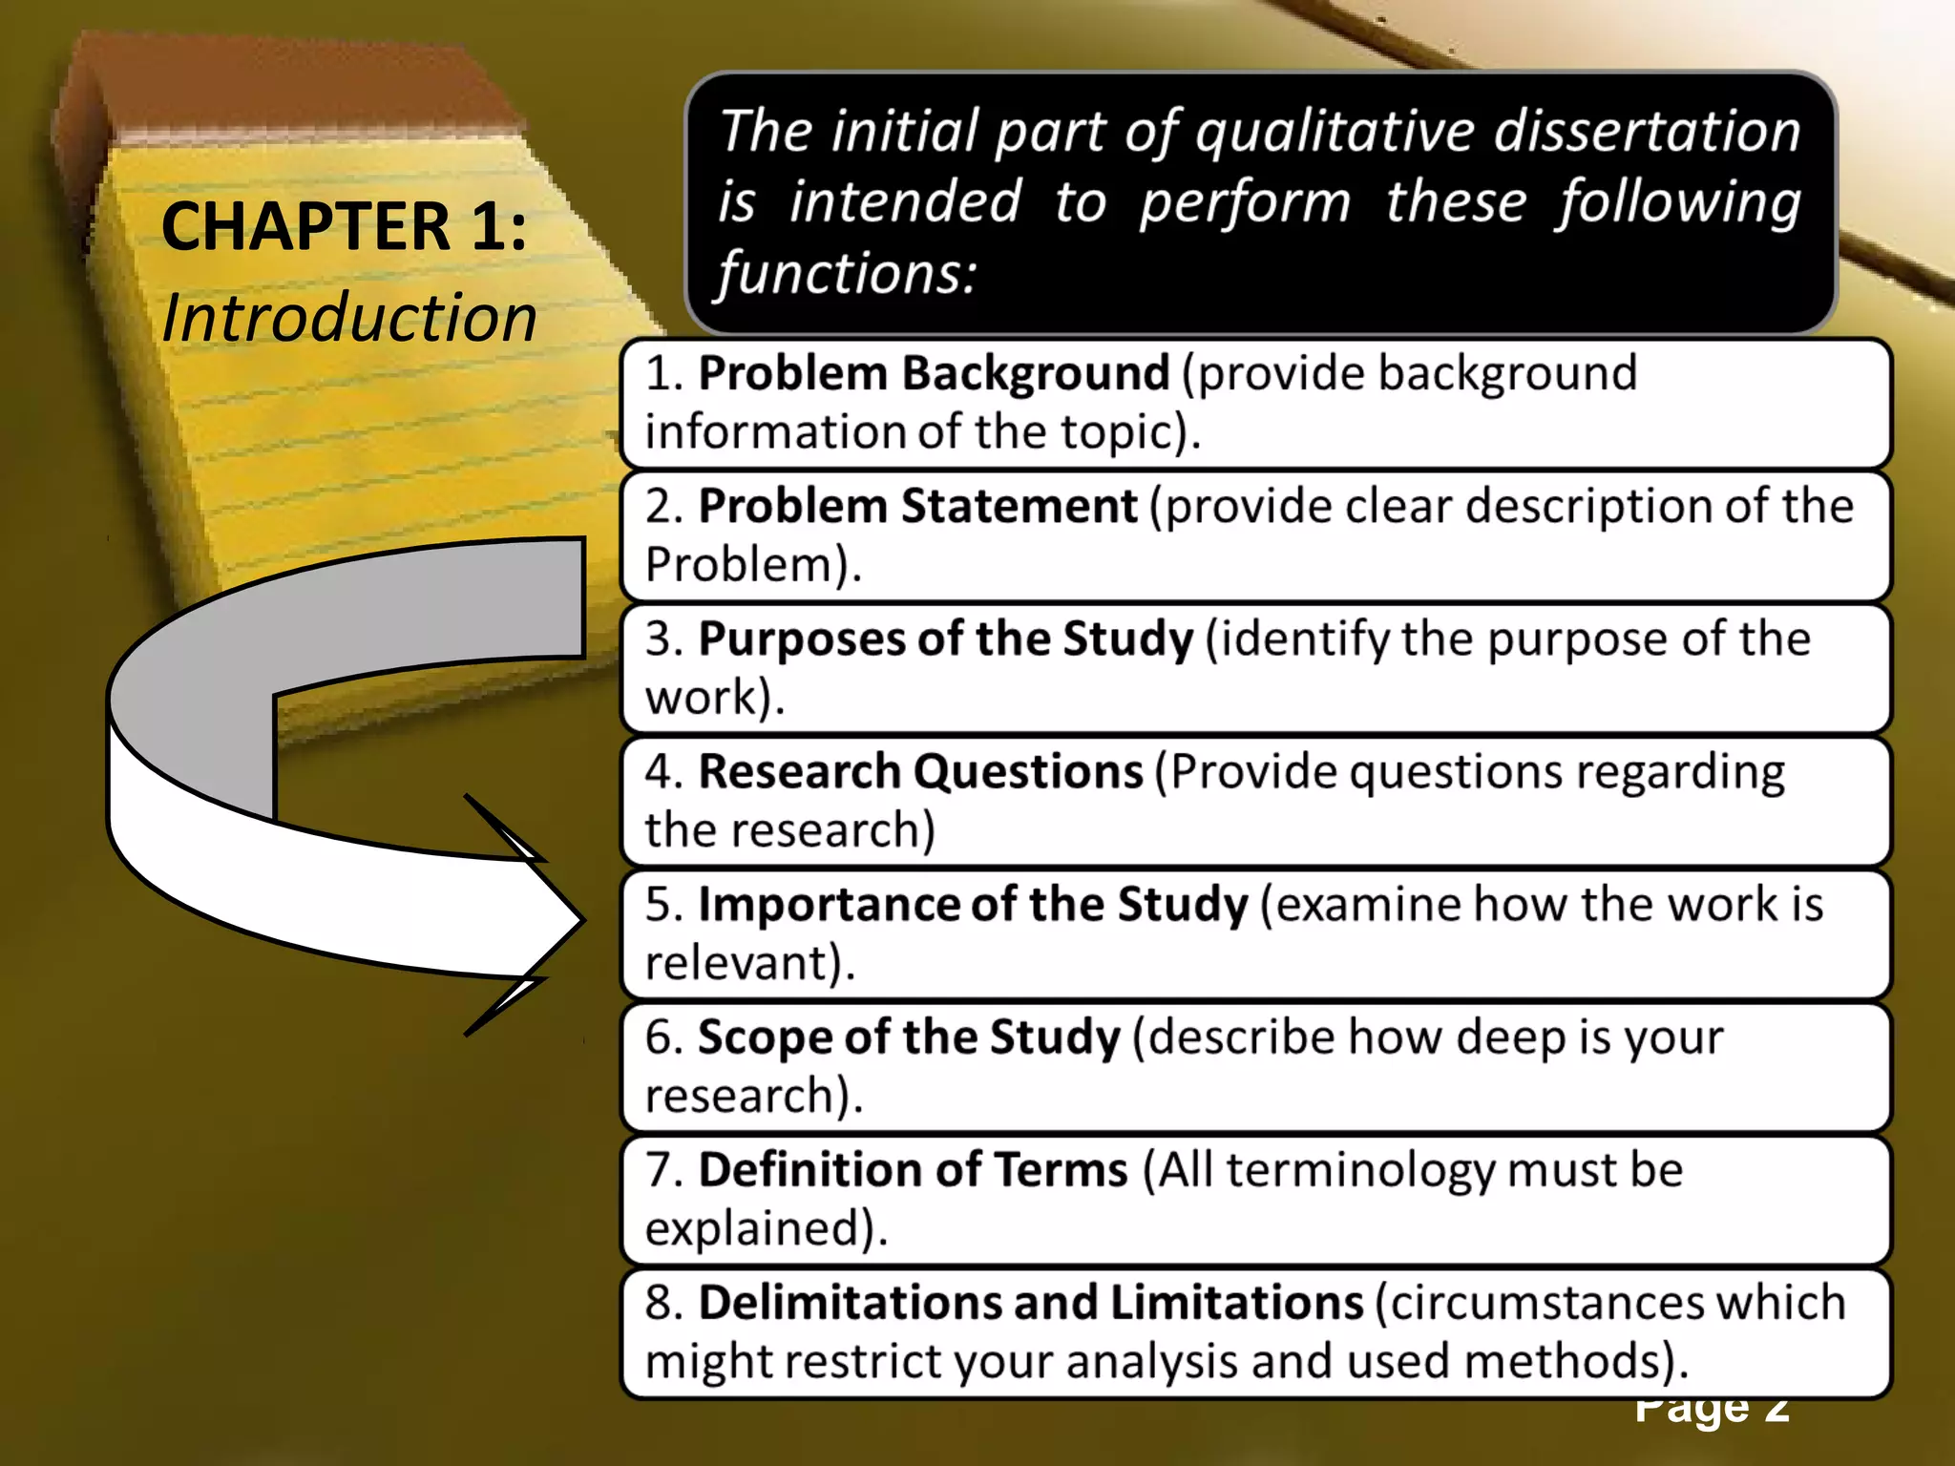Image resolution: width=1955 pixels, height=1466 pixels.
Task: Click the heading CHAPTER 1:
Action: pos(344,227)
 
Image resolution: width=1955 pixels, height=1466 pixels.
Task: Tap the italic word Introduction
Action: pos(349,318)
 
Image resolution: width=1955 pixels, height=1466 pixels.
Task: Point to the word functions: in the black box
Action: pos(848,274)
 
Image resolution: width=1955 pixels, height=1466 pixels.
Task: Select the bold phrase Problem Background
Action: pos(934,373)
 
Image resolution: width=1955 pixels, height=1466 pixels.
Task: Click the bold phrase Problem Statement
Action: pos(917,506)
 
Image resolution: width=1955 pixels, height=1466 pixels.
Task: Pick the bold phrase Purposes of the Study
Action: pos(945,639)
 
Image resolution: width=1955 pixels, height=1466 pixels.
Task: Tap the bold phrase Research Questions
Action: pos(920,771)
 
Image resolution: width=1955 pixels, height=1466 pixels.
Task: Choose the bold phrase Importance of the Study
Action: pos(973,904)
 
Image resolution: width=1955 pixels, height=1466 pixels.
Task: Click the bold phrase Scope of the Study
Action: pos(909,1037)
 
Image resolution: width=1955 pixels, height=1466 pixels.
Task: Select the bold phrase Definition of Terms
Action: pos(913,1169)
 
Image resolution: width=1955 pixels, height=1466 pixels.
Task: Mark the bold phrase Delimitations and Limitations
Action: pos(1031,1302)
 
